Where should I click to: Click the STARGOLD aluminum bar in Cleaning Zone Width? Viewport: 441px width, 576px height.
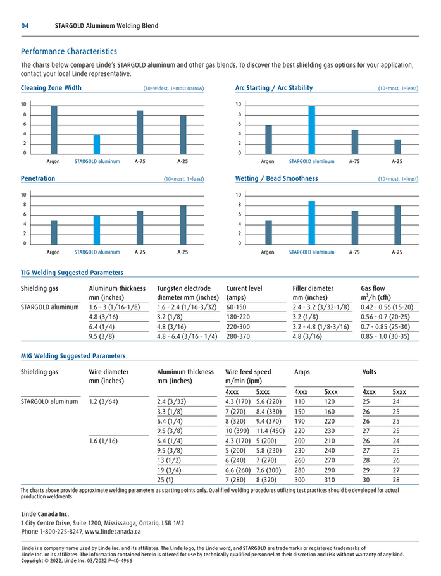tap(97, 144)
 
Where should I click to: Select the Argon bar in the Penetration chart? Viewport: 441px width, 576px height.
tap(54, 232)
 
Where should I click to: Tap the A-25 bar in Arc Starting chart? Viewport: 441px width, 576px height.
tap(397, 147)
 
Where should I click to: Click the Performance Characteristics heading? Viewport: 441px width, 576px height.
tap(69, 51)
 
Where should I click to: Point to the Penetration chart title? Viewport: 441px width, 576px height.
tap(38, 179)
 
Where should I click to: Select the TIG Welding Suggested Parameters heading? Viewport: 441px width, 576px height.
tap(72, 273)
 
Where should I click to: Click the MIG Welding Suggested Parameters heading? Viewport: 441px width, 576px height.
tap(73, 356)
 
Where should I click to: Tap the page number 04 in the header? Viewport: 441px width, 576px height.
tap(25, 26)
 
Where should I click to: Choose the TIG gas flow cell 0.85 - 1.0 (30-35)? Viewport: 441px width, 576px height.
tap(387, 336)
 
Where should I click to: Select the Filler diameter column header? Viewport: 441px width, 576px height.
tap(313, 288)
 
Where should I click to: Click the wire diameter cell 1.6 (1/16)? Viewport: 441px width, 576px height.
tap(103, 440)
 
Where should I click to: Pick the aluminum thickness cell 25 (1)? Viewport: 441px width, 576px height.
tap(165, 479)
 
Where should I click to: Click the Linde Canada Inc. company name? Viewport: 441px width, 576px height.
tap(45, 514)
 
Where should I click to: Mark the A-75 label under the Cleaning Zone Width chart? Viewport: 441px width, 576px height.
tap(140, 162)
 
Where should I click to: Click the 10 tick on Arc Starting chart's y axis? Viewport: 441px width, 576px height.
tap(239, 104)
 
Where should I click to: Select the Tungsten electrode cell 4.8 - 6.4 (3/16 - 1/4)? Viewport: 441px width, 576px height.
tap(187, 336)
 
